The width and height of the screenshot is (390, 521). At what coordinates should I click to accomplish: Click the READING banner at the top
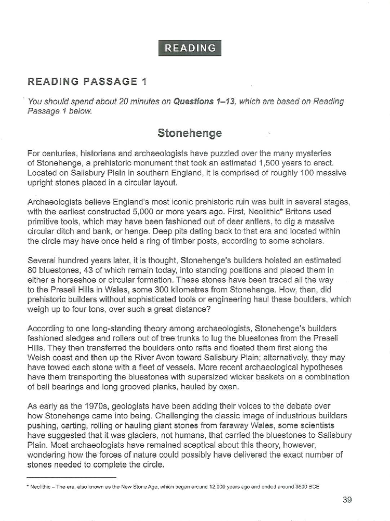190,48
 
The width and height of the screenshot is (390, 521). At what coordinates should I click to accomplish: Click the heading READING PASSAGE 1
87,81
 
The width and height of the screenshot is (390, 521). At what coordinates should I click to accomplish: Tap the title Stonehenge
189,133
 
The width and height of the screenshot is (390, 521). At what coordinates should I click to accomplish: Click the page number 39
347,500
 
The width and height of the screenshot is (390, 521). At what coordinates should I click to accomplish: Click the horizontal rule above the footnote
71,477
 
